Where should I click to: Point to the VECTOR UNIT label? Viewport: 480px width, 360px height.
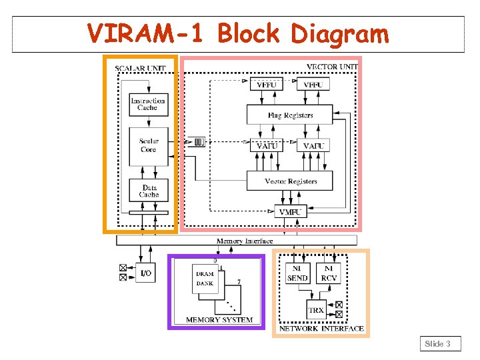[331, 67]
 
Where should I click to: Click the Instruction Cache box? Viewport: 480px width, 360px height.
[148, 104]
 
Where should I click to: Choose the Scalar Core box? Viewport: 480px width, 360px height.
[148, 145]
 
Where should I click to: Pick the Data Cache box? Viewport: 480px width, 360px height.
[149, 191]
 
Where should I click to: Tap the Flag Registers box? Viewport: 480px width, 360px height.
[290, 115]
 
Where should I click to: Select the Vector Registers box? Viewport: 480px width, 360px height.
[290, 181]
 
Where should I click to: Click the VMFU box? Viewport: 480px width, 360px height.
[290, 211]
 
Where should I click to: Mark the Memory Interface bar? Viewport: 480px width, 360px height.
[244, 241]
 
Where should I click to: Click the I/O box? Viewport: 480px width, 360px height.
[145, 273]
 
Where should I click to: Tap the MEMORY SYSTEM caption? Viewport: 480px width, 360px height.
[219, 320]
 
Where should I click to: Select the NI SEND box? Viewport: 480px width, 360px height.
[297, 273]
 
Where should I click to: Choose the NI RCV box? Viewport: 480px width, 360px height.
[329, 273]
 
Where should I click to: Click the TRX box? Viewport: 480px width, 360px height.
[316, 310]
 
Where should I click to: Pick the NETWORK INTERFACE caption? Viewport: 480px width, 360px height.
[321, 329]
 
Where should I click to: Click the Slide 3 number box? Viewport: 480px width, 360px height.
[439, 344]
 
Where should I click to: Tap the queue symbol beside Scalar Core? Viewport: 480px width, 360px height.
[199, 141]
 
